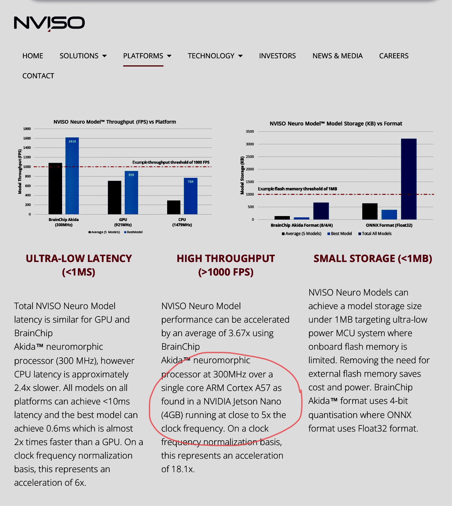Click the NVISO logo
[x=49, y=23]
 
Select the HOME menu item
[x=33, y=56]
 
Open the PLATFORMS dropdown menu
[x=147, y=56]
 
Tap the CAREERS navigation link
[x=393, y=56]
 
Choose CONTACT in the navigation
[x=38, y=76]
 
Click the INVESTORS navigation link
[x=277, y=56]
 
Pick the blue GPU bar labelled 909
[x=131, y=193]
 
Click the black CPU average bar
[x=174, y=207]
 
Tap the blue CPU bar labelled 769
[x=190, y=196]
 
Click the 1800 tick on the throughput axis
[x=27, y=129]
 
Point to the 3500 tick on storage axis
[x=250, y=132]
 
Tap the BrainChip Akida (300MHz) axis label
[x=64, y=222]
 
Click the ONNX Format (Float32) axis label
[x=389, y=225]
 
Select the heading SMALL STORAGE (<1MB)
[x=373, y=258]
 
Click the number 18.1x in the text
[x=186, y=469]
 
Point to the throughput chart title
[x=115, y=122]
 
